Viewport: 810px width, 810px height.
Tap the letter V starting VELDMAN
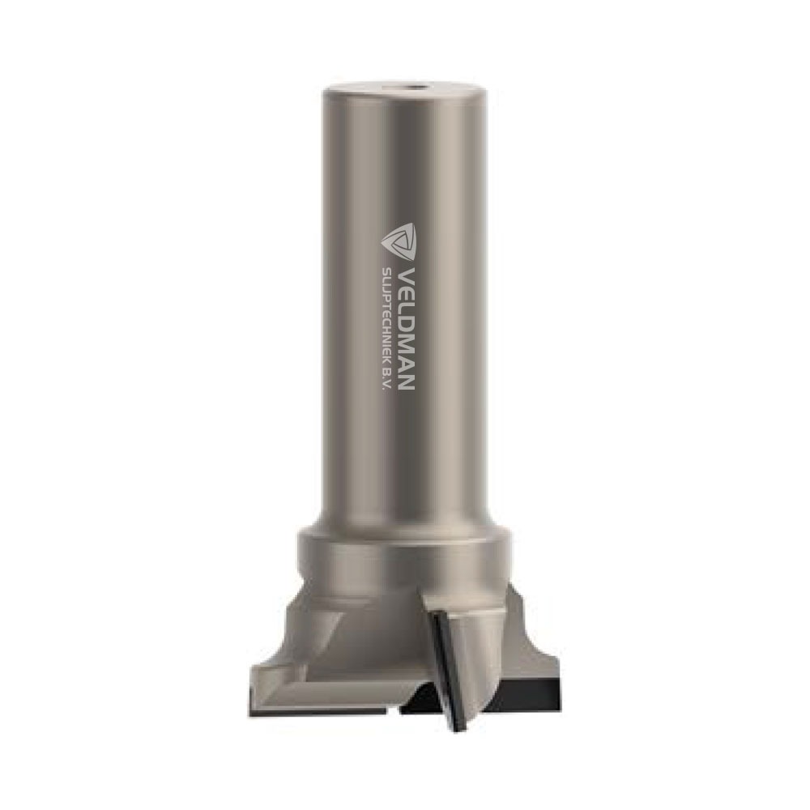[407, 273]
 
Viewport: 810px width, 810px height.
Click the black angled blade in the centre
[447, 667]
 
